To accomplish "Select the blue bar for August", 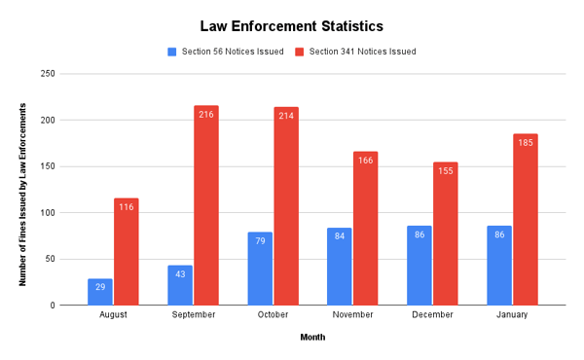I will pos(99,292).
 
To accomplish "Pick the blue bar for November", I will pos(339,267).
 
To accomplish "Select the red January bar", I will pos(526,220).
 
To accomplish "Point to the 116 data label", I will pos(127,207).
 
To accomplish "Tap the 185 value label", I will pos(526,143).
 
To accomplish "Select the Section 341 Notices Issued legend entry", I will pos(355,52).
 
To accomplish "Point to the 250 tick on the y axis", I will pos(74,74).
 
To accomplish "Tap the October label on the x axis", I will pos(273,316).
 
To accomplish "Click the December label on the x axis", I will pos(432,316).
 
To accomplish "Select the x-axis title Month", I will pos(311,338).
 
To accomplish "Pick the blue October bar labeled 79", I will pos(259,269).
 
